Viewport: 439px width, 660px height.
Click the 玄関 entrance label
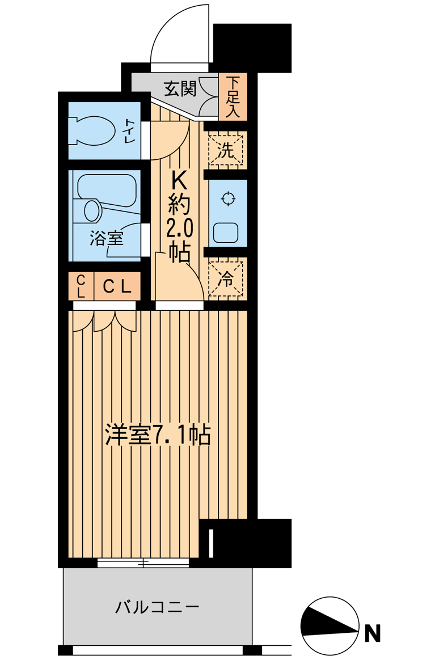point(180,89)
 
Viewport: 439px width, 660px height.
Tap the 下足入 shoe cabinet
point(233,97)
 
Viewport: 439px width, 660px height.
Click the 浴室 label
point(107,239)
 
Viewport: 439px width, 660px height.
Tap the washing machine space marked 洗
point(226,150)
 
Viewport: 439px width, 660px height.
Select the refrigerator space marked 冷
point(226,278)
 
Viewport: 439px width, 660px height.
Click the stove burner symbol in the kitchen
point(227,198)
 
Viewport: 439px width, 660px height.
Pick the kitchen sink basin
point(227,232)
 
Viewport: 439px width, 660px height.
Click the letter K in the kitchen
point(179,182)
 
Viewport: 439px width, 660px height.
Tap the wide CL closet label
point(117,287)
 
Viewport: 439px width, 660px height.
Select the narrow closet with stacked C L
point(81,287)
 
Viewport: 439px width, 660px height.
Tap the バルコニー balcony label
point(158,607)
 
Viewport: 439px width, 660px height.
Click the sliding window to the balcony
point(143,562)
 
